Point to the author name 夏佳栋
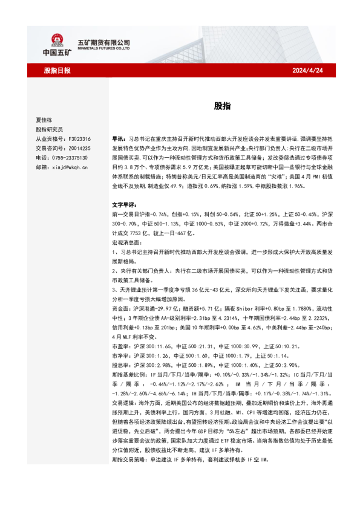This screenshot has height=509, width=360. click(44, 120)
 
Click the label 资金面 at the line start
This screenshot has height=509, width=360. click(121, 307)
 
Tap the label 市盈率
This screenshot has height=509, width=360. click(121, 346)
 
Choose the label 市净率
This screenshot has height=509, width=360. click(121, 356)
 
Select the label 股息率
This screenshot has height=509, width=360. click(121, 365)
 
